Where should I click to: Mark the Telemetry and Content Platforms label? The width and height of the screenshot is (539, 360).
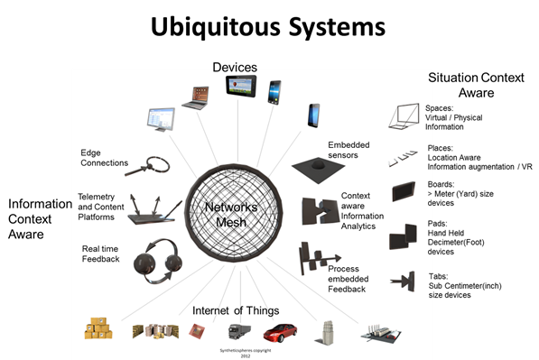(101, 206)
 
